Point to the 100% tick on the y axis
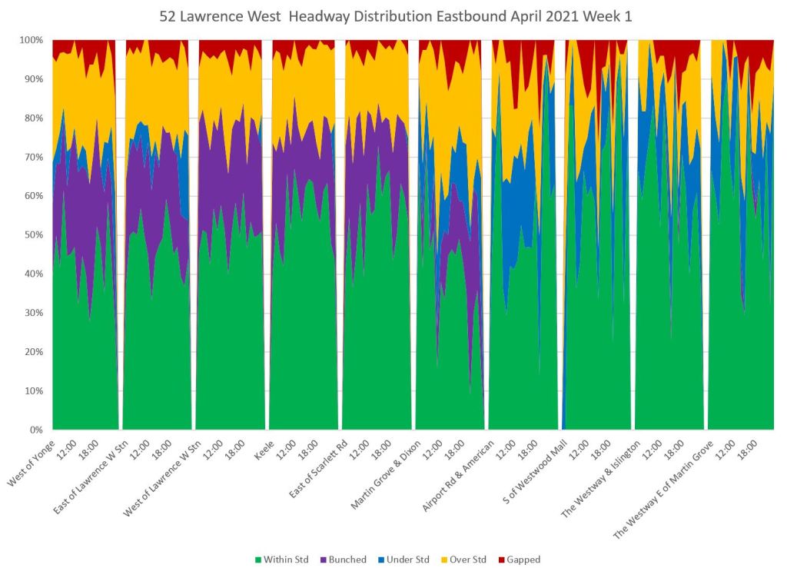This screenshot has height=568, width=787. [32, 40]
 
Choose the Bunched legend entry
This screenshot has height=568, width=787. [344, 560]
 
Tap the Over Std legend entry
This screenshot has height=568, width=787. [467, 560]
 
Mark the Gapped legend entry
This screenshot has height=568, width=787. [522, 560]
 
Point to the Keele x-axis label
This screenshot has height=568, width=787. [264, 449]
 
